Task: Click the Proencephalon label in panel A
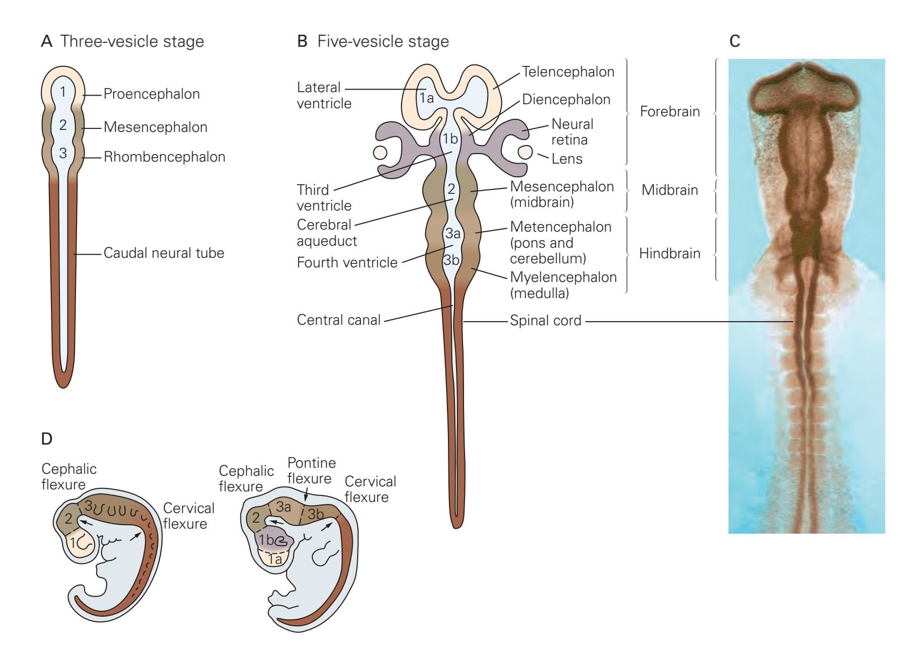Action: [151, 94]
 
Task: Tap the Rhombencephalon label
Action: [164, 157]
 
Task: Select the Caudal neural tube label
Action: [164, 253]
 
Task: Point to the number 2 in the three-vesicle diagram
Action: [62, 125]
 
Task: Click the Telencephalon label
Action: [568, 72]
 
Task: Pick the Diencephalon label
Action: [566, 100]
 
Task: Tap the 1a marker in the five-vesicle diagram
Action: [426, 98]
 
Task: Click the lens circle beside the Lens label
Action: [525, 152]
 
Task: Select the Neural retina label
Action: [572, 131]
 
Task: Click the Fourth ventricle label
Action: [347, 263]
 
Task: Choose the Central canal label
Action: [339, 320]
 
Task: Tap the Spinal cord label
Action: [546, 321]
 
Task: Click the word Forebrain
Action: [670, 111]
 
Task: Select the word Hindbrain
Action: [670, 253]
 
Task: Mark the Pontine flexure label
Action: [311, 470]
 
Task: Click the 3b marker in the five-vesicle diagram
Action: [451, 260]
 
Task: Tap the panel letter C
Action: [735, 41]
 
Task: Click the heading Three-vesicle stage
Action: [132, 41]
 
